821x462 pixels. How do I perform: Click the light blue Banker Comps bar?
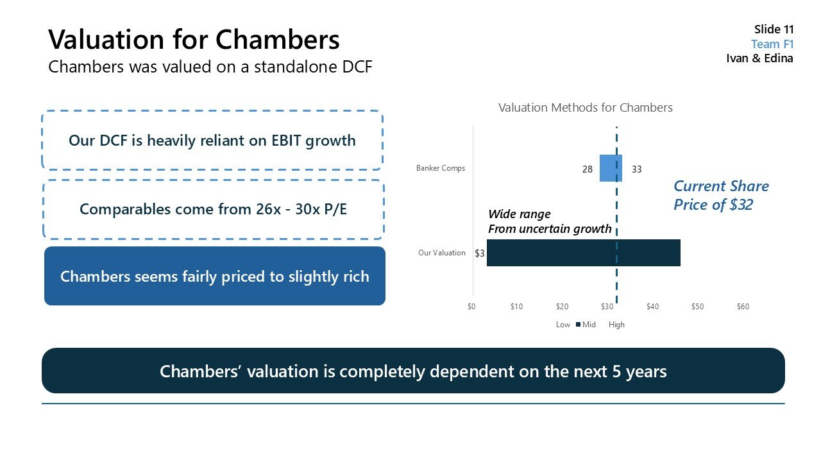pyautogui.click(x=610, y=168)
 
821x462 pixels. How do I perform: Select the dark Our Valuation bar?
pyautogui.click(x=583, y=253)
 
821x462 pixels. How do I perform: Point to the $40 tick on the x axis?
pyautogui.click(x=652, y=307)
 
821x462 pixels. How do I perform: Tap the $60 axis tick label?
pyautogui.click(x=743, y=307)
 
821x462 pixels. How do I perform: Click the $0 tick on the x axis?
pyautogui.click(x=471, y=307)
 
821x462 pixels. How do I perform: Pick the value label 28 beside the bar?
pyautogui.click(x=588, y=169)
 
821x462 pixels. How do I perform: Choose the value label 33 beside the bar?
pyautogui.click(x=636, y=169)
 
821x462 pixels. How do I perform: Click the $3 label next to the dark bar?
pyautogui.click(x=479, y=253)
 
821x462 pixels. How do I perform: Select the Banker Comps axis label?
pyautogui.click(x=440, y=168)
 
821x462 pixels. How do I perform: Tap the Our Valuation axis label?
pyautogui.click(x=441, y=253)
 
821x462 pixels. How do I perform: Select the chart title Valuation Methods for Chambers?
pyautogui.click(x=585, y=108)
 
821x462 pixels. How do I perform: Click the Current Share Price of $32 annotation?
pyautogui.click(x=720, y=196)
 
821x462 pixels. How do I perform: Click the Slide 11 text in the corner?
pyautogui.click(x=774, y=30)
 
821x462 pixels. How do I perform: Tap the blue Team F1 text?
pyautogui.click(x=772, y=44)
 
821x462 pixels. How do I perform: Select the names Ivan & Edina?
pyautogui.click(x=759, y=58)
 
